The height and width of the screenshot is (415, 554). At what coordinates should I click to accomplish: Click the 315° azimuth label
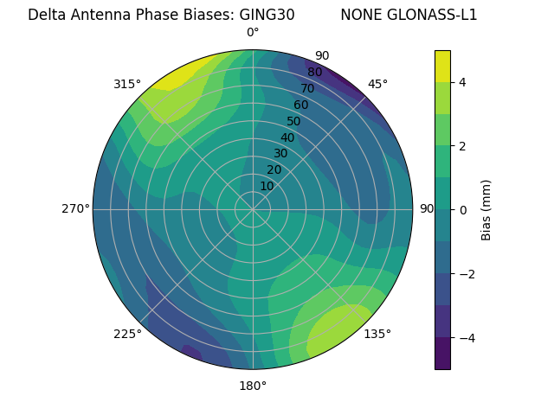(x=126, y=84)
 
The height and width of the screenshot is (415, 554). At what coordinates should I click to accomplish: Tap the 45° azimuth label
(x=377, y=84)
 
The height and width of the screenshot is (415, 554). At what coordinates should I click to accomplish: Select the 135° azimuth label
(x=377, y=334)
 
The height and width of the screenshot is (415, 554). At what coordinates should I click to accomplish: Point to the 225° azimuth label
(x=127, y=334)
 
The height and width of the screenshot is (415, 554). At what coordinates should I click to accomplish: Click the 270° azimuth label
(x=75, y=208)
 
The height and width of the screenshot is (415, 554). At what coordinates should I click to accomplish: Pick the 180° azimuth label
(x=253, y=386)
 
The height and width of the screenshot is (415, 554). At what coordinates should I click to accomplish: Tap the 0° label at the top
(x=253, y=33)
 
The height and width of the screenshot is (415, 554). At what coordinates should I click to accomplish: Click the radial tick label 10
(x=267, y=186)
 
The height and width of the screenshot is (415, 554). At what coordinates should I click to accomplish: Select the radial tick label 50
(x=293, y=121)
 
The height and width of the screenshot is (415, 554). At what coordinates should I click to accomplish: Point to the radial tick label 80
(x=314, y=72)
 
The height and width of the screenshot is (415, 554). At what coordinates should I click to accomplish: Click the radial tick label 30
(x=280, y=154)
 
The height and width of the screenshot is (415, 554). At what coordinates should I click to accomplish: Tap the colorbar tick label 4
(x=463, y=82)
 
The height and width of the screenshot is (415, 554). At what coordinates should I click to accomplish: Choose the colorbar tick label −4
(x=467, y=337)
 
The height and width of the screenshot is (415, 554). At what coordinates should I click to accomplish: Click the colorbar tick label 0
(x=463, y=210)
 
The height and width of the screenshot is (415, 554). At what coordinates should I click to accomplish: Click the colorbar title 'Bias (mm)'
(x=486, y=210)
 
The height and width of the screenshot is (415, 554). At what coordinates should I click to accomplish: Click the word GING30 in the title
(x=265, y=15)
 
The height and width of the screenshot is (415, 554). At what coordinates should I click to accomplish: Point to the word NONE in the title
(x=358, y=15)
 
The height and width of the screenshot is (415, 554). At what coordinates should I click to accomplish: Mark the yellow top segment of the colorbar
(x=442, y=66)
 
